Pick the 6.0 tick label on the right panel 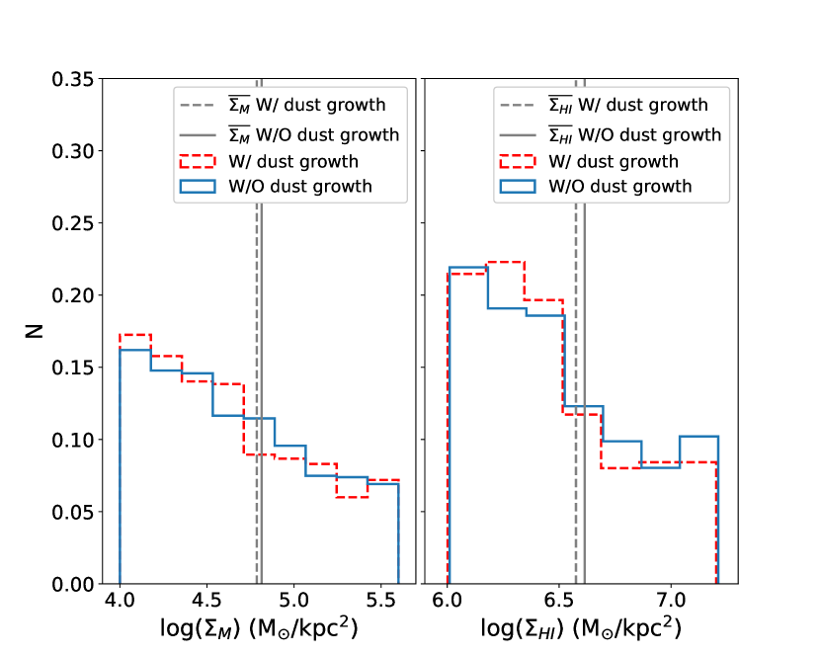448,601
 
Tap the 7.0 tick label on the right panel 672,601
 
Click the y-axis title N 34,332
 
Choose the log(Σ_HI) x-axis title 581,628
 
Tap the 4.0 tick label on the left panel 120,601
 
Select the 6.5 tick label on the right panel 559,601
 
